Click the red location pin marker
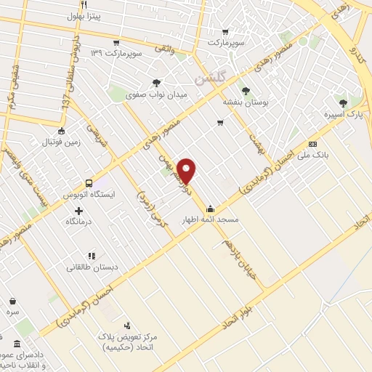(187, 170)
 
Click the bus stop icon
(89, 183)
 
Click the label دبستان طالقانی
(91, 267)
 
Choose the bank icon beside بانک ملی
(312, 143)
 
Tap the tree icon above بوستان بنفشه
(245, 92)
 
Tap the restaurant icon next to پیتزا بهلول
(84, 4)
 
